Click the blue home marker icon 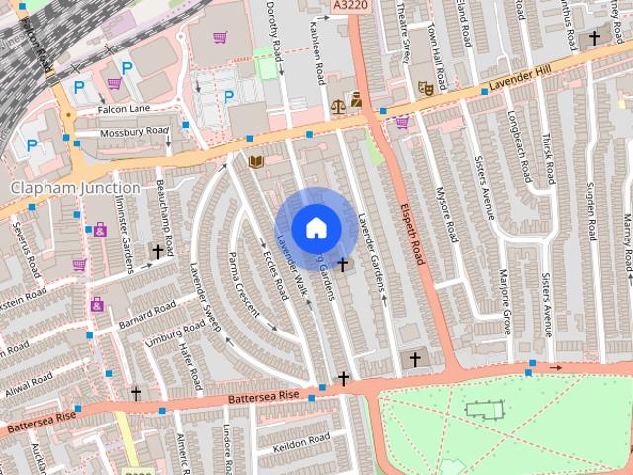tap(315, 228)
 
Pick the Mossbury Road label tap(135, 131)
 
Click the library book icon tap(257, 161)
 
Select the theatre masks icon tap(426, 87)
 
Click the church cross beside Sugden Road tap(594, 38)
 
